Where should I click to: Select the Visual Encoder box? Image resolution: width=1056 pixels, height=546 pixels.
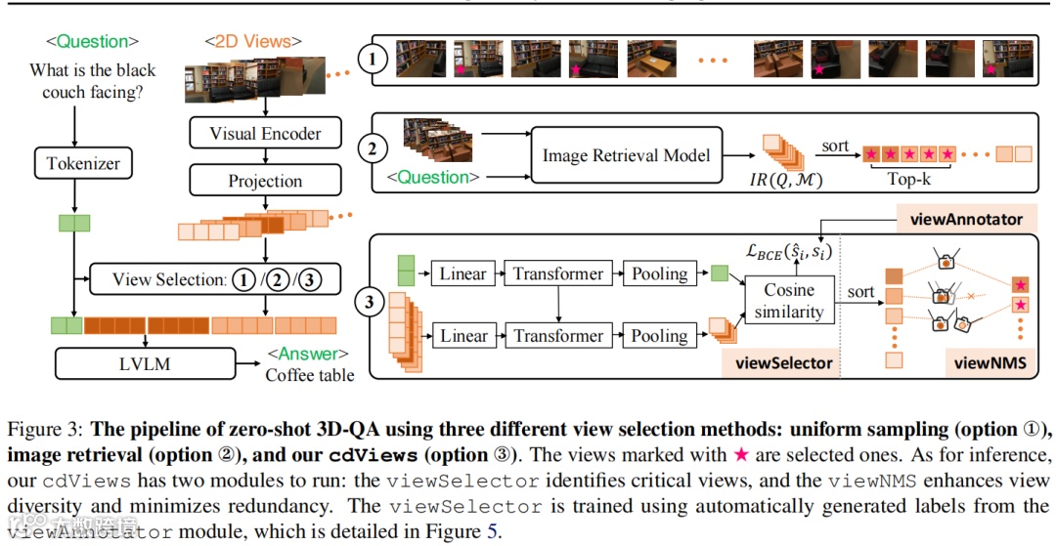(x=265, y=134)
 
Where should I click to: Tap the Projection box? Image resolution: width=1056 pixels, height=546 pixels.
(x=265, y=181)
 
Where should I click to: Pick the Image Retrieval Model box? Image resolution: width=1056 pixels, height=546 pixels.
(x=626, y=154)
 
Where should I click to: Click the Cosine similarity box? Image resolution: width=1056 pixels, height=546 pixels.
(x=789, y=301)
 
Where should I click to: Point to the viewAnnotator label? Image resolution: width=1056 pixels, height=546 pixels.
(x=966, y=218)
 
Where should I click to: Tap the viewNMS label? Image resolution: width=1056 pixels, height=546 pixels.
(x=990, y=363)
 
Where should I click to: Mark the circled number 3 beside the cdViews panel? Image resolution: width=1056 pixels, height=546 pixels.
(x=369, y=303)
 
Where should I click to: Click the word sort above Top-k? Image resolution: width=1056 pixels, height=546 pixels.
(x=835, y=147)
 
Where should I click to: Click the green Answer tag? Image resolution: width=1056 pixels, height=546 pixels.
(x=307, y=354)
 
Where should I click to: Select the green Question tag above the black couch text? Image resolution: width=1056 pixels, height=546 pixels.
(x=92, y=42)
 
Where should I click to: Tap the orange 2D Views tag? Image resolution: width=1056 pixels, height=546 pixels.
(x=252, y=42)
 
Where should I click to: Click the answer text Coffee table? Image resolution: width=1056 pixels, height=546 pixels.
(x=310, y=374)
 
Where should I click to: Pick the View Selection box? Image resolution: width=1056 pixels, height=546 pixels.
(x=214, y=279)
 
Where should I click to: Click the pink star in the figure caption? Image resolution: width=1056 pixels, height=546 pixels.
(x=743, y=456)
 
